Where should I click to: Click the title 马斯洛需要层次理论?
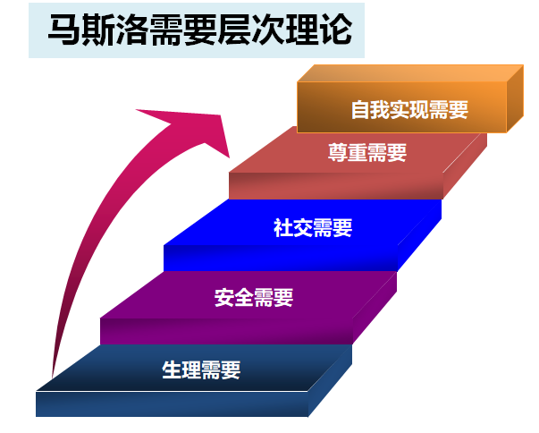(200, 30)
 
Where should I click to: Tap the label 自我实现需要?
(409, 110)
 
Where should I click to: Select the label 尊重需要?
(367, 152)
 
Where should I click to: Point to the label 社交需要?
(313, 227)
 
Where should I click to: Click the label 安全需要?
(254, 298)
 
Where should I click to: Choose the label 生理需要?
(201, 369)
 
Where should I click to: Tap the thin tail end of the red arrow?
(52, 377)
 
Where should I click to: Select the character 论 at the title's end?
(337, 30)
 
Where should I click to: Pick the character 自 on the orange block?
(360, 110)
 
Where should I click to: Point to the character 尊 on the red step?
(338, 152)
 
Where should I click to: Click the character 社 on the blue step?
(283, 227)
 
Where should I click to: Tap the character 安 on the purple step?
(224, 298)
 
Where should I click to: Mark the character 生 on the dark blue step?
(172, 369)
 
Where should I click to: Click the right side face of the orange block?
(515, 99)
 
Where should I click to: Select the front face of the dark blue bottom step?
(172, 404)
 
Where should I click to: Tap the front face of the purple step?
(226, 331)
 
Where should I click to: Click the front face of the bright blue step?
(281, 258)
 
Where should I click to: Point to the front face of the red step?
(336, 186)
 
